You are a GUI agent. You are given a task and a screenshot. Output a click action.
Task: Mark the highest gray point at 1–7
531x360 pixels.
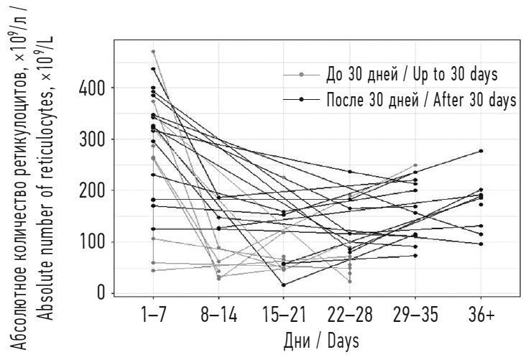coord(153,52)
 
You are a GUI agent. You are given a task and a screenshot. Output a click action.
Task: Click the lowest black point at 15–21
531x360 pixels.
coord(284,285)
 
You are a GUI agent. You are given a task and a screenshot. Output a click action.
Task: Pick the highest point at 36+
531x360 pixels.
coord(481,151)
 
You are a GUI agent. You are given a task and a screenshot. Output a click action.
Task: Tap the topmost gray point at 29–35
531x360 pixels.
coord(415,165)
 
